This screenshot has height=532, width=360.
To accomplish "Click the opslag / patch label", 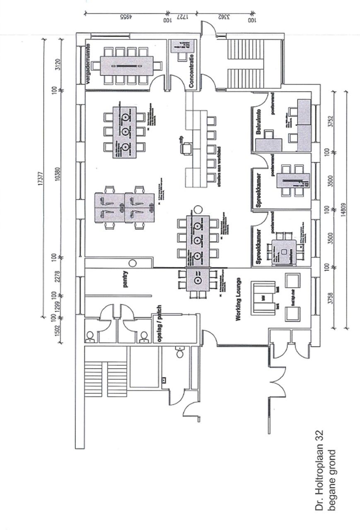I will click(158, 328).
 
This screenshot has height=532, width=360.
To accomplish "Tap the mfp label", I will click(181, 141).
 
